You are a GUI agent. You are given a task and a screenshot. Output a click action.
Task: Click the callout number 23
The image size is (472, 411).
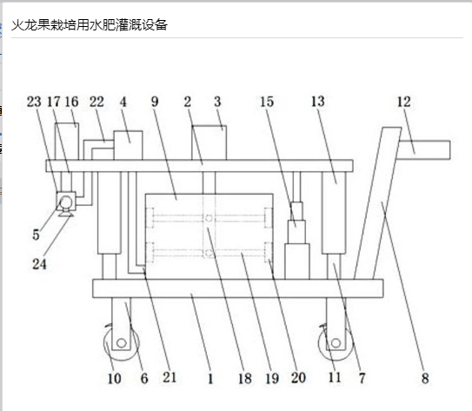pos(34,102)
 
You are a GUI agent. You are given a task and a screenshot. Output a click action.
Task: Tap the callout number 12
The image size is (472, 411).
pos(403,102)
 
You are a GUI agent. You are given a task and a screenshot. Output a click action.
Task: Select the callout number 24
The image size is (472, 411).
pos(39,264)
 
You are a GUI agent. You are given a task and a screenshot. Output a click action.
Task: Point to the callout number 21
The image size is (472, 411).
pos(170,377)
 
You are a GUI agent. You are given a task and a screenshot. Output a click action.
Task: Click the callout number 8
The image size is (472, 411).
pos(425,378)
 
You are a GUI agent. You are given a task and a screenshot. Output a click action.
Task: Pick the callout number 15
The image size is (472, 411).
pos(267,102)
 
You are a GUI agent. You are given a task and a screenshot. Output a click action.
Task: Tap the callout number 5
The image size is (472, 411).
pos(37,235)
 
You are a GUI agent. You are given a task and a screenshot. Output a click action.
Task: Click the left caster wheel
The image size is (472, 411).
pos(122,343)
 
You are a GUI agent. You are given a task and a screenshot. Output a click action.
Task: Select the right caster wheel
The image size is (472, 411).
pos(336,343)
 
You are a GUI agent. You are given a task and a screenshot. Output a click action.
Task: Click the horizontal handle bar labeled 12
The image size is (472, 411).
pos(424,149)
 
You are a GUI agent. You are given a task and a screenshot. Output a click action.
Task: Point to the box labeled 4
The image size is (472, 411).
pos(128,145)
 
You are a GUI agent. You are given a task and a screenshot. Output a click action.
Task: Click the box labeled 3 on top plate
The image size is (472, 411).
pos(209,143)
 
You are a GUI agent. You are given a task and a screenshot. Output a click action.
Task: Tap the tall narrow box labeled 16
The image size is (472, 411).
pos(67,142)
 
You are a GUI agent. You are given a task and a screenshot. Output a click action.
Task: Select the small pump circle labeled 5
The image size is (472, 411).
pos(66,202)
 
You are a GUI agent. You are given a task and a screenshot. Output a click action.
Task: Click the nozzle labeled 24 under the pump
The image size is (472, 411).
pos(65,214)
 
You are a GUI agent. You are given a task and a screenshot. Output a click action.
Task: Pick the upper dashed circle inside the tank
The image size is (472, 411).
pos(209,218)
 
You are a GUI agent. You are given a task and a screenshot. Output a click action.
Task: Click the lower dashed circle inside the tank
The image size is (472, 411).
pos(209,254)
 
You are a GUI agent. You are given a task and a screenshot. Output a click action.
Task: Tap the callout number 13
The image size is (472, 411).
pos(318,102)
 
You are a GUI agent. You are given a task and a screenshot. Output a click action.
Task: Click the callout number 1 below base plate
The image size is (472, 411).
pos(210,378)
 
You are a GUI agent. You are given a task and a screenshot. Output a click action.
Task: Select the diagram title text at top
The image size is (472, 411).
pos(90,25)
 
